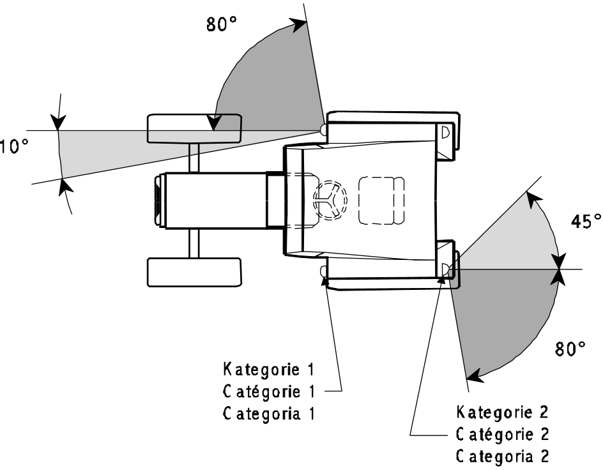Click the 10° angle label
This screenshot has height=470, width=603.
(14, 147)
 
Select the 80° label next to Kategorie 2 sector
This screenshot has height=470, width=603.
(570, 349)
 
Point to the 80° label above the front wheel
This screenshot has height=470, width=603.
(222, 24)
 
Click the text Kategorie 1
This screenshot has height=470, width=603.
(269, 369)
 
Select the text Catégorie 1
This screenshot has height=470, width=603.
(269, 391)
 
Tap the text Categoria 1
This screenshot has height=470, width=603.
(269, 414)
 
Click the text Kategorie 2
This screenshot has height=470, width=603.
(502, 412)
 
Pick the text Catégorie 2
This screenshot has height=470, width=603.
(502, 434)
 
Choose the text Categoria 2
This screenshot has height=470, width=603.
(502, 456)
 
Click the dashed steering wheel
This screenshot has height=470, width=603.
(330, 200)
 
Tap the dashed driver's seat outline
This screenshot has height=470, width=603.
(381, 201)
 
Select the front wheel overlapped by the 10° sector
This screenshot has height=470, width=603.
(194, 128)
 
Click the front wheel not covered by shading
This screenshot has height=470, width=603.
(194, 272)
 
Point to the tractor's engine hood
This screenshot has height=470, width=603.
(216, 201)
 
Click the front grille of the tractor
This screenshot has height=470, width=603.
(158, 201)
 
